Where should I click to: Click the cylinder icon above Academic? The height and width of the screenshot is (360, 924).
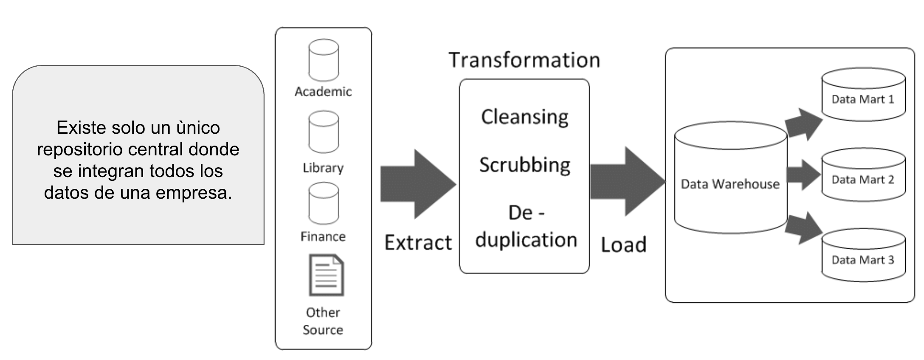coord(323,60)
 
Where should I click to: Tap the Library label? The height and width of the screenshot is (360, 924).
coord(323,168)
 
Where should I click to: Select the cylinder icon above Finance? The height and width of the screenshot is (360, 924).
coord(323,203)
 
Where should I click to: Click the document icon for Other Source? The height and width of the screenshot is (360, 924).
coord(326,275)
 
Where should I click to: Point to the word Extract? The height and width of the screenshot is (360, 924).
coord(418,243)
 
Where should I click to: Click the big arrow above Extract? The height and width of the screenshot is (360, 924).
coord(418,184)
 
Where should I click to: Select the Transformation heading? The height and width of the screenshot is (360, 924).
coord(524,60)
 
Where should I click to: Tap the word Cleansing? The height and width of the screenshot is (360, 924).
coord(524,117)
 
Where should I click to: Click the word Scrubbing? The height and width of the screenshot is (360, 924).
coord(524,165)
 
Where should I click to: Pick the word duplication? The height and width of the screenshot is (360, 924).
coord(526,240)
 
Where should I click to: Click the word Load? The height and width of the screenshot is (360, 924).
coord(623,245)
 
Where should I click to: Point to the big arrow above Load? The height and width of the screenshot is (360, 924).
coord(627,182)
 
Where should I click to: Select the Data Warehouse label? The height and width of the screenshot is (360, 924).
coord(730,184)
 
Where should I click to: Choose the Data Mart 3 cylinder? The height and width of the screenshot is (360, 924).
coord(863,256)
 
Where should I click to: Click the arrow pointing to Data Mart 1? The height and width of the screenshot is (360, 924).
coord(803,124)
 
